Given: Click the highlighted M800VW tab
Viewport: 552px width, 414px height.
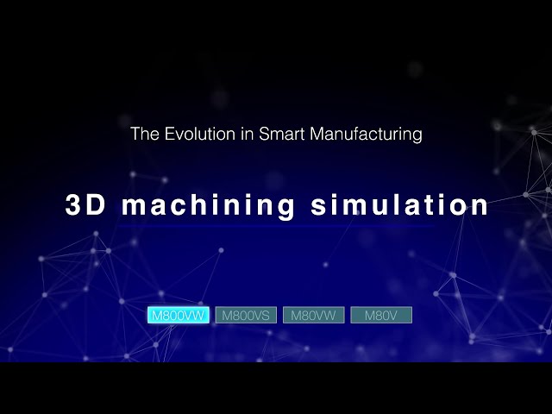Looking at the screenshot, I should pyautogui.click(x=179, y=315).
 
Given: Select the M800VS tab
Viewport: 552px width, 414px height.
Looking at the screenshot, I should pyautogui.click(x=246, y=315).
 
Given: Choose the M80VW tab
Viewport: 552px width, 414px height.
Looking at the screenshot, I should pyautogui.click(x=314, y=315).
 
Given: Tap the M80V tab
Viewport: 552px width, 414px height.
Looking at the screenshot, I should pyautogui.click(x=381, y=315).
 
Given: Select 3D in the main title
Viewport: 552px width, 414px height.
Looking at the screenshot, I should pyautogui.click(x=85, y=205).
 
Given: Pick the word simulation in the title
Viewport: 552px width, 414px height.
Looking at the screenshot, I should pyautogui.click(x=398, y=205).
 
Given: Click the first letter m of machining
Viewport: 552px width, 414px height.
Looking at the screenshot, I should pyautogui.click(x=131, y=207).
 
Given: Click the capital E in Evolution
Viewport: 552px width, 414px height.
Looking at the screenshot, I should pyautogui.click(x=169, y=135).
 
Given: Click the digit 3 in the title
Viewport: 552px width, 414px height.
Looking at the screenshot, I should pyautogui.click(x=74, y=205).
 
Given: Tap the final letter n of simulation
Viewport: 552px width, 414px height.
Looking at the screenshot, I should pyautogui.click(x=480, y=207).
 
